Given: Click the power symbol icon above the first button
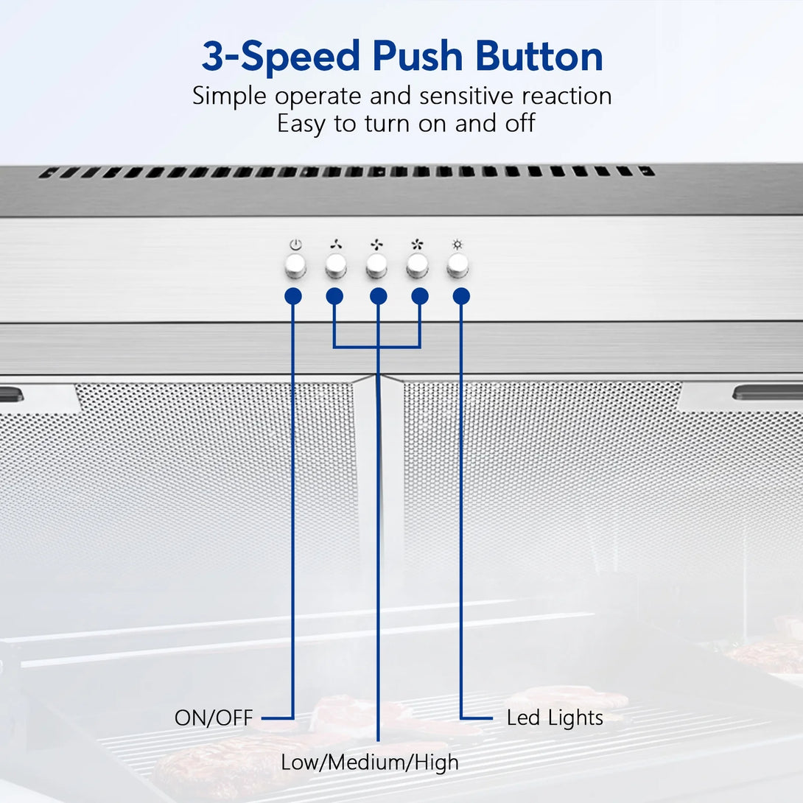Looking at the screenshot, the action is click(x=295, y=245).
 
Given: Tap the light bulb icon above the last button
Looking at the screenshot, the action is click(x=457, y=245).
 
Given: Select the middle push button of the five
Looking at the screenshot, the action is click(x=376, y=265).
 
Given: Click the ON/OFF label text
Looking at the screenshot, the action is click(x=214, y=718).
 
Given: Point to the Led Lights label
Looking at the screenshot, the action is click(x=555, y=718).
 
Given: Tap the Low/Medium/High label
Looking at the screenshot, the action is click(x=370, y=762).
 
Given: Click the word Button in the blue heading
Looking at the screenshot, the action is click(x=539, y=56).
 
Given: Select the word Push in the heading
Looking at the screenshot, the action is click(x=418, y=56).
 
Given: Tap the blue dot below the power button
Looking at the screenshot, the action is click(x=293, y=296).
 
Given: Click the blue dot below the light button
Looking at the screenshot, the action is click(x=461, y=296).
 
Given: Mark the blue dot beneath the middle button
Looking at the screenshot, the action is click(x=379, y=296).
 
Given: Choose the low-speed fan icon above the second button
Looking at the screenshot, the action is click(x=336, y=245).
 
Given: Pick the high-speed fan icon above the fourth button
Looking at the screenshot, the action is click(x=418, y=245).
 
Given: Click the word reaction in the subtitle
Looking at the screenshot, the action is click(x=567, y=96).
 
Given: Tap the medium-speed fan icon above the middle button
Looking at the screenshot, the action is click(x=377, y=245).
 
